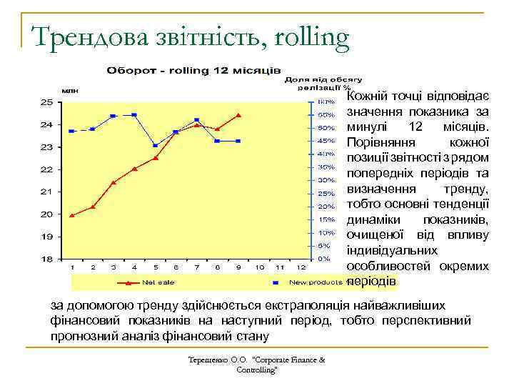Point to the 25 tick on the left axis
(x=46, y=102)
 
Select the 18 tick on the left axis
(x=46, y=258)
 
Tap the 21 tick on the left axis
(x=46, y=192)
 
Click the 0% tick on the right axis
(x=323, y=258)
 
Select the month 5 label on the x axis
(x=155, y=267)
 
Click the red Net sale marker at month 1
(x=72, y=214)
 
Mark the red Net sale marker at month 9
(x=238, y=115)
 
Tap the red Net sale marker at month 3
(x=114, y=182)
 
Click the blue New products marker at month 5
(x=155, y=146)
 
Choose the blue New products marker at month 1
(x=72, y=132)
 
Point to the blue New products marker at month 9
(x=238, y=141)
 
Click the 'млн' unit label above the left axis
(x=70, y=91)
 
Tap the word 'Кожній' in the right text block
(x=370, y=96)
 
